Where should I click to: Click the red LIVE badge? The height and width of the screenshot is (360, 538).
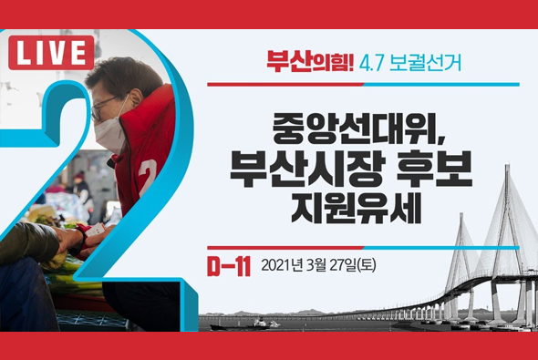pos(51,54)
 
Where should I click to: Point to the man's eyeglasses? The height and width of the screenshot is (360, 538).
pos(102,108)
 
